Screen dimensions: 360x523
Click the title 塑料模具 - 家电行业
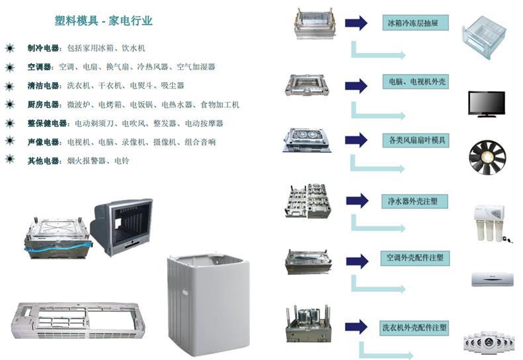pos(103,21)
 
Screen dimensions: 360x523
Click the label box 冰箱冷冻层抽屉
pos(415,24)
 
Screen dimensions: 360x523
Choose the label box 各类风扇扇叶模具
pos(415,140)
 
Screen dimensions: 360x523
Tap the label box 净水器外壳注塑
pos(415,199)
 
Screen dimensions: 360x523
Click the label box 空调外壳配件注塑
pos(415,257)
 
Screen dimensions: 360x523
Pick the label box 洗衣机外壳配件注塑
pos(415,326)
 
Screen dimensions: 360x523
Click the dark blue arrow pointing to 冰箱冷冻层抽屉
pos(356,24)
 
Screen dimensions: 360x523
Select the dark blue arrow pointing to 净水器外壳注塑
pos(356,200)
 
